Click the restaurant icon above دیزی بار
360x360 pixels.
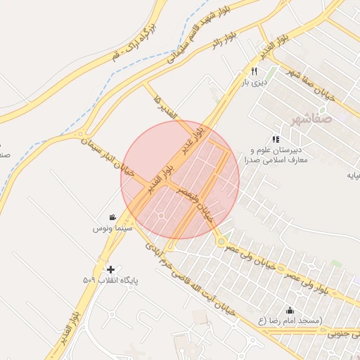coord(254,72)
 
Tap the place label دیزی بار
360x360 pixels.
coord(256,83)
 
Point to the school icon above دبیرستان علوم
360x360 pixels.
coord(276,139)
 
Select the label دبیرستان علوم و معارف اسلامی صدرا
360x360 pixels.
coord(276,155)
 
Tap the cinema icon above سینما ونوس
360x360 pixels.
coord(112,217)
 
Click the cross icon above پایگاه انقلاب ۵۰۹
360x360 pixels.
coord(110,269)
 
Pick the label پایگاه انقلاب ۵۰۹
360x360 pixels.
coord(111,281)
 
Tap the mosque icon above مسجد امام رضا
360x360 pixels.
coord(290,310)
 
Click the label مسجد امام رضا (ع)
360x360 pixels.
coord(290,321)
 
